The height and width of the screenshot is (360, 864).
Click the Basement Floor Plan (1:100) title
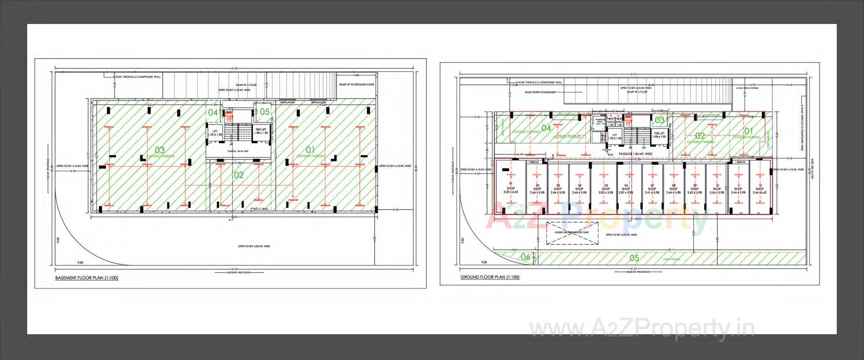pyautogui.click(x=86, y=278)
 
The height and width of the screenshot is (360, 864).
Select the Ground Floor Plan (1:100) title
pyautogui.click(x=490, y=277)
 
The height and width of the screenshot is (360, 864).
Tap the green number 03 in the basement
pyautogui.click(x=159, y=150)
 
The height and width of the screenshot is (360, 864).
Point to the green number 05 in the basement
pyautogui.click(x=265, y=112)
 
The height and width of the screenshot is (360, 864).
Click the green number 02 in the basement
pyautogui.click(x=238, y=175)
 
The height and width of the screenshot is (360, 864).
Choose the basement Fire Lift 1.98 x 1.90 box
pyautogui.click(x=261, y=131)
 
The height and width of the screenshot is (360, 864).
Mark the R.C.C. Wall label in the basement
pyautogui.click(x=261, y=209)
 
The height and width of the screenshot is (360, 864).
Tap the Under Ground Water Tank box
pyautogui.click(x=571, y=233)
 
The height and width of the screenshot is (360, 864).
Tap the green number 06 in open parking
pyautogui.click(x=525, y=257)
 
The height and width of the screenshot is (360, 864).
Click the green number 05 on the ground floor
pyautogui.click(x=634, y=258)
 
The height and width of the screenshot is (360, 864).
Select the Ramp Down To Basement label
pyautogui.click(x=540, y=92)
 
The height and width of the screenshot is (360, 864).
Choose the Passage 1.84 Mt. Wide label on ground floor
pyautogui.click(x=635, y=154)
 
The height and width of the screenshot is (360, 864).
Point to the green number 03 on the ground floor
pyautogui.click(x=659, y=120)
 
